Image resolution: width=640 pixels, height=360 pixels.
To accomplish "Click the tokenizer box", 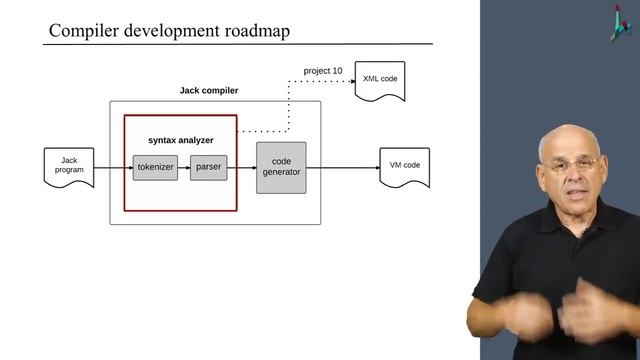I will (x=155, y=168).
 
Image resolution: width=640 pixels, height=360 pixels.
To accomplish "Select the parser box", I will (x=209, y=168).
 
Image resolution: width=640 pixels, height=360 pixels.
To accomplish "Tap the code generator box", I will (x=281, y=167).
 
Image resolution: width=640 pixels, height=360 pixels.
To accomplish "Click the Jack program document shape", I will (x=69, y=166).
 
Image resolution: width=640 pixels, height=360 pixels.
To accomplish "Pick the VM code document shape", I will (x=404, y=166).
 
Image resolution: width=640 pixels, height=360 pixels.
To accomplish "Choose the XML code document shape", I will (x=381, y=79).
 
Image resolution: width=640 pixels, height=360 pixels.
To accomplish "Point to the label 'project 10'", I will (x=323, y=71).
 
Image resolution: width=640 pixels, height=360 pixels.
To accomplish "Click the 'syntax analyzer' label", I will (x=180, y=140).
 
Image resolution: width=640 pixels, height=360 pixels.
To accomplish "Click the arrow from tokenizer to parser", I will (x=184, y=168).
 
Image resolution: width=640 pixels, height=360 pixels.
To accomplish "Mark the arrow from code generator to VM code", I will (x=342, y=168).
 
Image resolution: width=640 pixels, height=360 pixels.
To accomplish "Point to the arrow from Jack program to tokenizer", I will (x=113, y=168).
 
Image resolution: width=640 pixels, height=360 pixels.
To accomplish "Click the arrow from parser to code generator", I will (x=242, y=168).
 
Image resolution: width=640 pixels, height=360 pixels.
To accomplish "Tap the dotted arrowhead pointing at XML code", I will (x=351, y=80).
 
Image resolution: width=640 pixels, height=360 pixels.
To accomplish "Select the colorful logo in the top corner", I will (x=621, y=21).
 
